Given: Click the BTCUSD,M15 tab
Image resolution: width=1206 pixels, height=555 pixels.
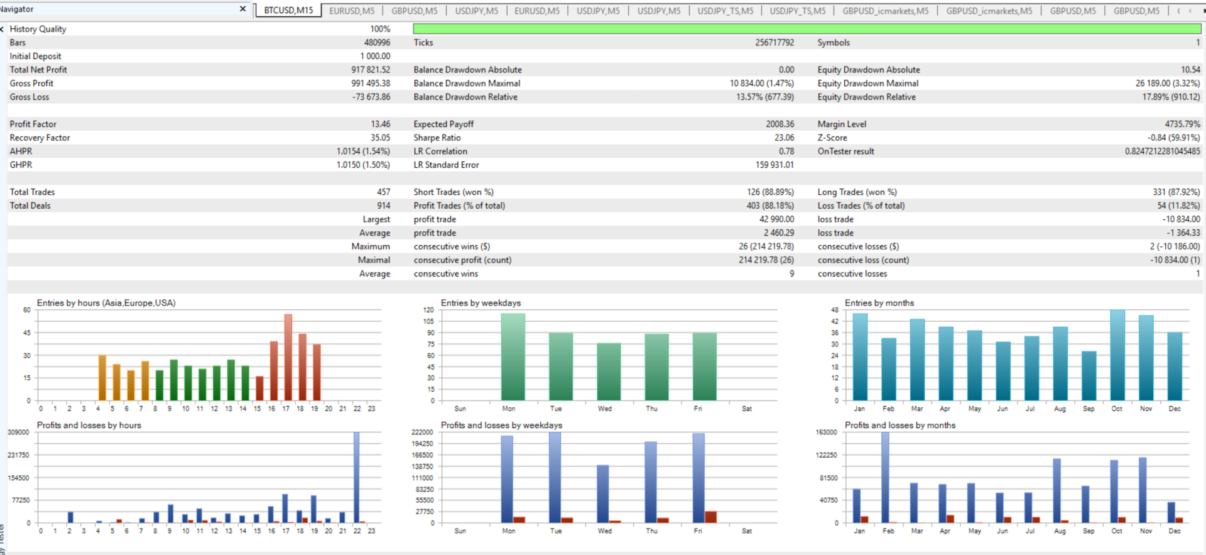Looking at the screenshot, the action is click(x=288, y=11).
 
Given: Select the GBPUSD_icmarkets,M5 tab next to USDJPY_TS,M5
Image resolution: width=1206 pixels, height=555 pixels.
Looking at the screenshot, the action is click(x=885, y=11).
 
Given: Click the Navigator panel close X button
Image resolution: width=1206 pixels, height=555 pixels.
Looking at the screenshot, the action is click(x=243, y=9).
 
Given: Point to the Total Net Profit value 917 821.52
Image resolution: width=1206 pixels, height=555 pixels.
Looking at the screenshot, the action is click(x=371, y=70).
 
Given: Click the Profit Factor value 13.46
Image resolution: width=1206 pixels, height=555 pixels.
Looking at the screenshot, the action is click(x=380, y=124).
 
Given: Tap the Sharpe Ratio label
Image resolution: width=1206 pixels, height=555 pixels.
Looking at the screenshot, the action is click(x=437, y=138).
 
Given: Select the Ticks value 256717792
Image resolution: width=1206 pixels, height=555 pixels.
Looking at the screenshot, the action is click(x=774, y=43).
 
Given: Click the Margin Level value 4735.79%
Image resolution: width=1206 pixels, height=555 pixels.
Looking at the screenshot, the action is click(x=1182, y=124).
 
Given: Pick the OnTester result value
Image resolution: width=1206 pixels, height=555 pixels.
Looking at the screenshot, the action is click(x=1162, y=151).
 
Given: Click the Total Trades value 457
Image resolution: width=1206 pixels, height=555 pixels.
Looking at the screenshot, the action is click(x=383, y=192).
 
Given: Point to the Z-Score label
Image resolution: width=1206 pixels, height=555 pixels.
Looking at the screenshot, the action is click(x=832, y=138).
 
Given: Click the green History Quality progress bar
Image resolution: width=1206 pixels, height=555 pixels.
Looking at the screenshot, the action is click(x=807, y=29).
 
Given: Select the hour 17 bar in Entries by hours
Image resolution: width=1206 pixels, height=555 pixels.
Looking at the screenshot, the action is click(x=288, y=357).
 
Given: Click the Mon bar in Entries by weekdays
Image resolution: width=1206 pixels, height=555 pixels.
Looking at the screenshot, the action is click(x=513, y=356).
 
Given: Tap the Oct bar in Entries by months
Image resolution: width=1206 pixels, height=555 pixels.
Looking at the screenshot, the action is click(x=1117, y=355).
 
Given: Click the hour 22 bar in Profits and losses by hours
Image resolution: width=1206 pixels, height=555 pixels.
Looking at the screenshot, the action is click(x=357, y=477).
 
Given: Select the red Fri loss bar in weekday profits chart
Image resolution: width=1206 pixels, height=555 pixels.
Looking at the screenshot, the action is click(x=710, y=517).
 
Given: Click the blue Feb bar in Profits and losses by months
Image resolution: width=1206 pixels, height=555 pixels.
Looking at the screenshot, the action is click(x=885, y=477).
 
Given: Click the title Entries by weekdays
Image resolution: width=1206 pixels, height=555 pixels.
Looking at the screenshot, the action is click(x=481, y=303).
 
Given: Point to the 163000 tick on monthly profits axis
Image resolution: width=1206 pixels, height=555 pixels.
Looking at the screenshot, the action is click(x=826, y=432).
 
